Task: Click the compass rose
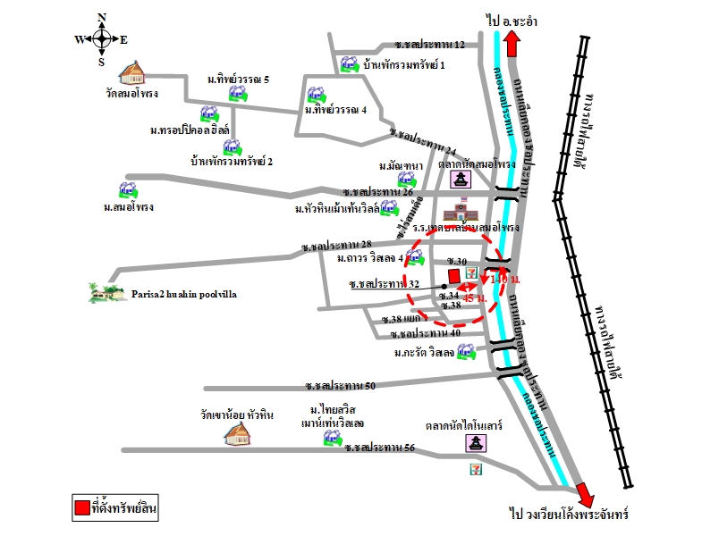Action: pos(101,38)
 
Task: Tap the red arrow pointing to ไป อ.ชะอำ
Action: pos(512,44)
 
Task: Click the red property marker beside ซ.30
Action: pos(454,274)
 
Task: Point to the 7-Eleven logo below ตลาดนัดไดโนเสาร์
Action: pos(472,467)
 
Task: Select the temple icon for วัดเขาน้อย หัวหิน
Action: pos(240,432)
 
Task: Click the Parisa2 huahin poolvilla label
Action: pos(188,292)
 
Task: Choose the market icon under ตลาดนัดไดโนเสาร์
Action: pos(472,443)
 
